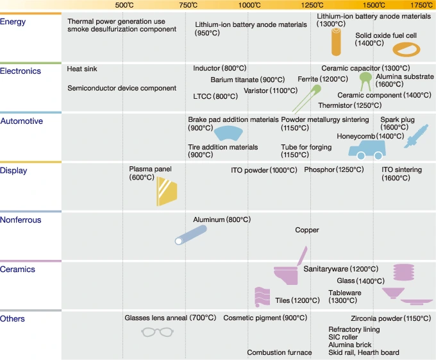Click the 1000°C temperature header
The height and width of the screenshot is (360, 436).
tap(249, 5)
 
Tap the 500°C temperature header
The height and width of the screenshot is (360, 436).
tap(124, 5)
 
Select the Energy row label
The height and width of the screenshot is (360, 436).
tap(13, 22)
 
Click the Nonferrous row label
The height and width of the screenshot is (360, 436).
tap(21, 220)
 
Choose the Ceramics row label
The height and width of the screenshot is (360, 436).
tap(18, 270)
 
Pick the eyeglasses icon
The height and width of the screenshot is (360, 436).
tap(157, 332)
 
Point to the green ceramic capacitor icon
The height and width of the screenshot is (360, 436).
tap(365, 79)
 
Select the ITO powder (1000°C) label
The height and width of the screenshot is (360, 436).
tap(264, 171)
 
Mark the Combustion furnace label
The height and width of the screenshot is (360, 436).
tap(280, 352)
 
